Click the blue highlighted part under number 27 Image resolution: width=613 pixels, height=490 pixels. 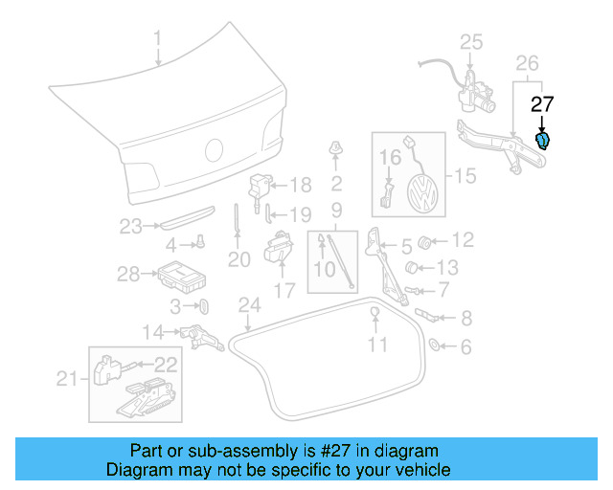click(543, 142)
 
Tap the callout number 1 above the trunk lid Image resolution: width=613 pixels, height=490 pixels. click(158, 39)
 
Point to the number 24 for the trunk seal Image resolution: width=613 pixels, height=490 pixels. click(249, 305)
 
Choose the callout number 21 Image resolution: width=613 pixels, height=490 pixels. click(65, 380)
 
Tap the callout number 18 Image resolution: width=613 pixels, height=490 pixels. click(301, 186)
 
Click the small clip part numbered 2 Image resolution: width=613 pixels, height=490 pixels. click(336, 149)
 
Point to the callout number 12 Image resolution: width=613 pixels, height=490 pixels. click(463, 239)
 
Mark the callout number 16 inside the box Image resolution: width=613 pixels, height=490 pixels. click(391, 156)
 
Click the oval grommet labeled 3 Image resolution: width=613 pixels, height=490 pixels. click(204, 305)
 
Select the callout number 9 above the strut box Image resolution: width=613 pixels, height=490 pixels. click(336, 209)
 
